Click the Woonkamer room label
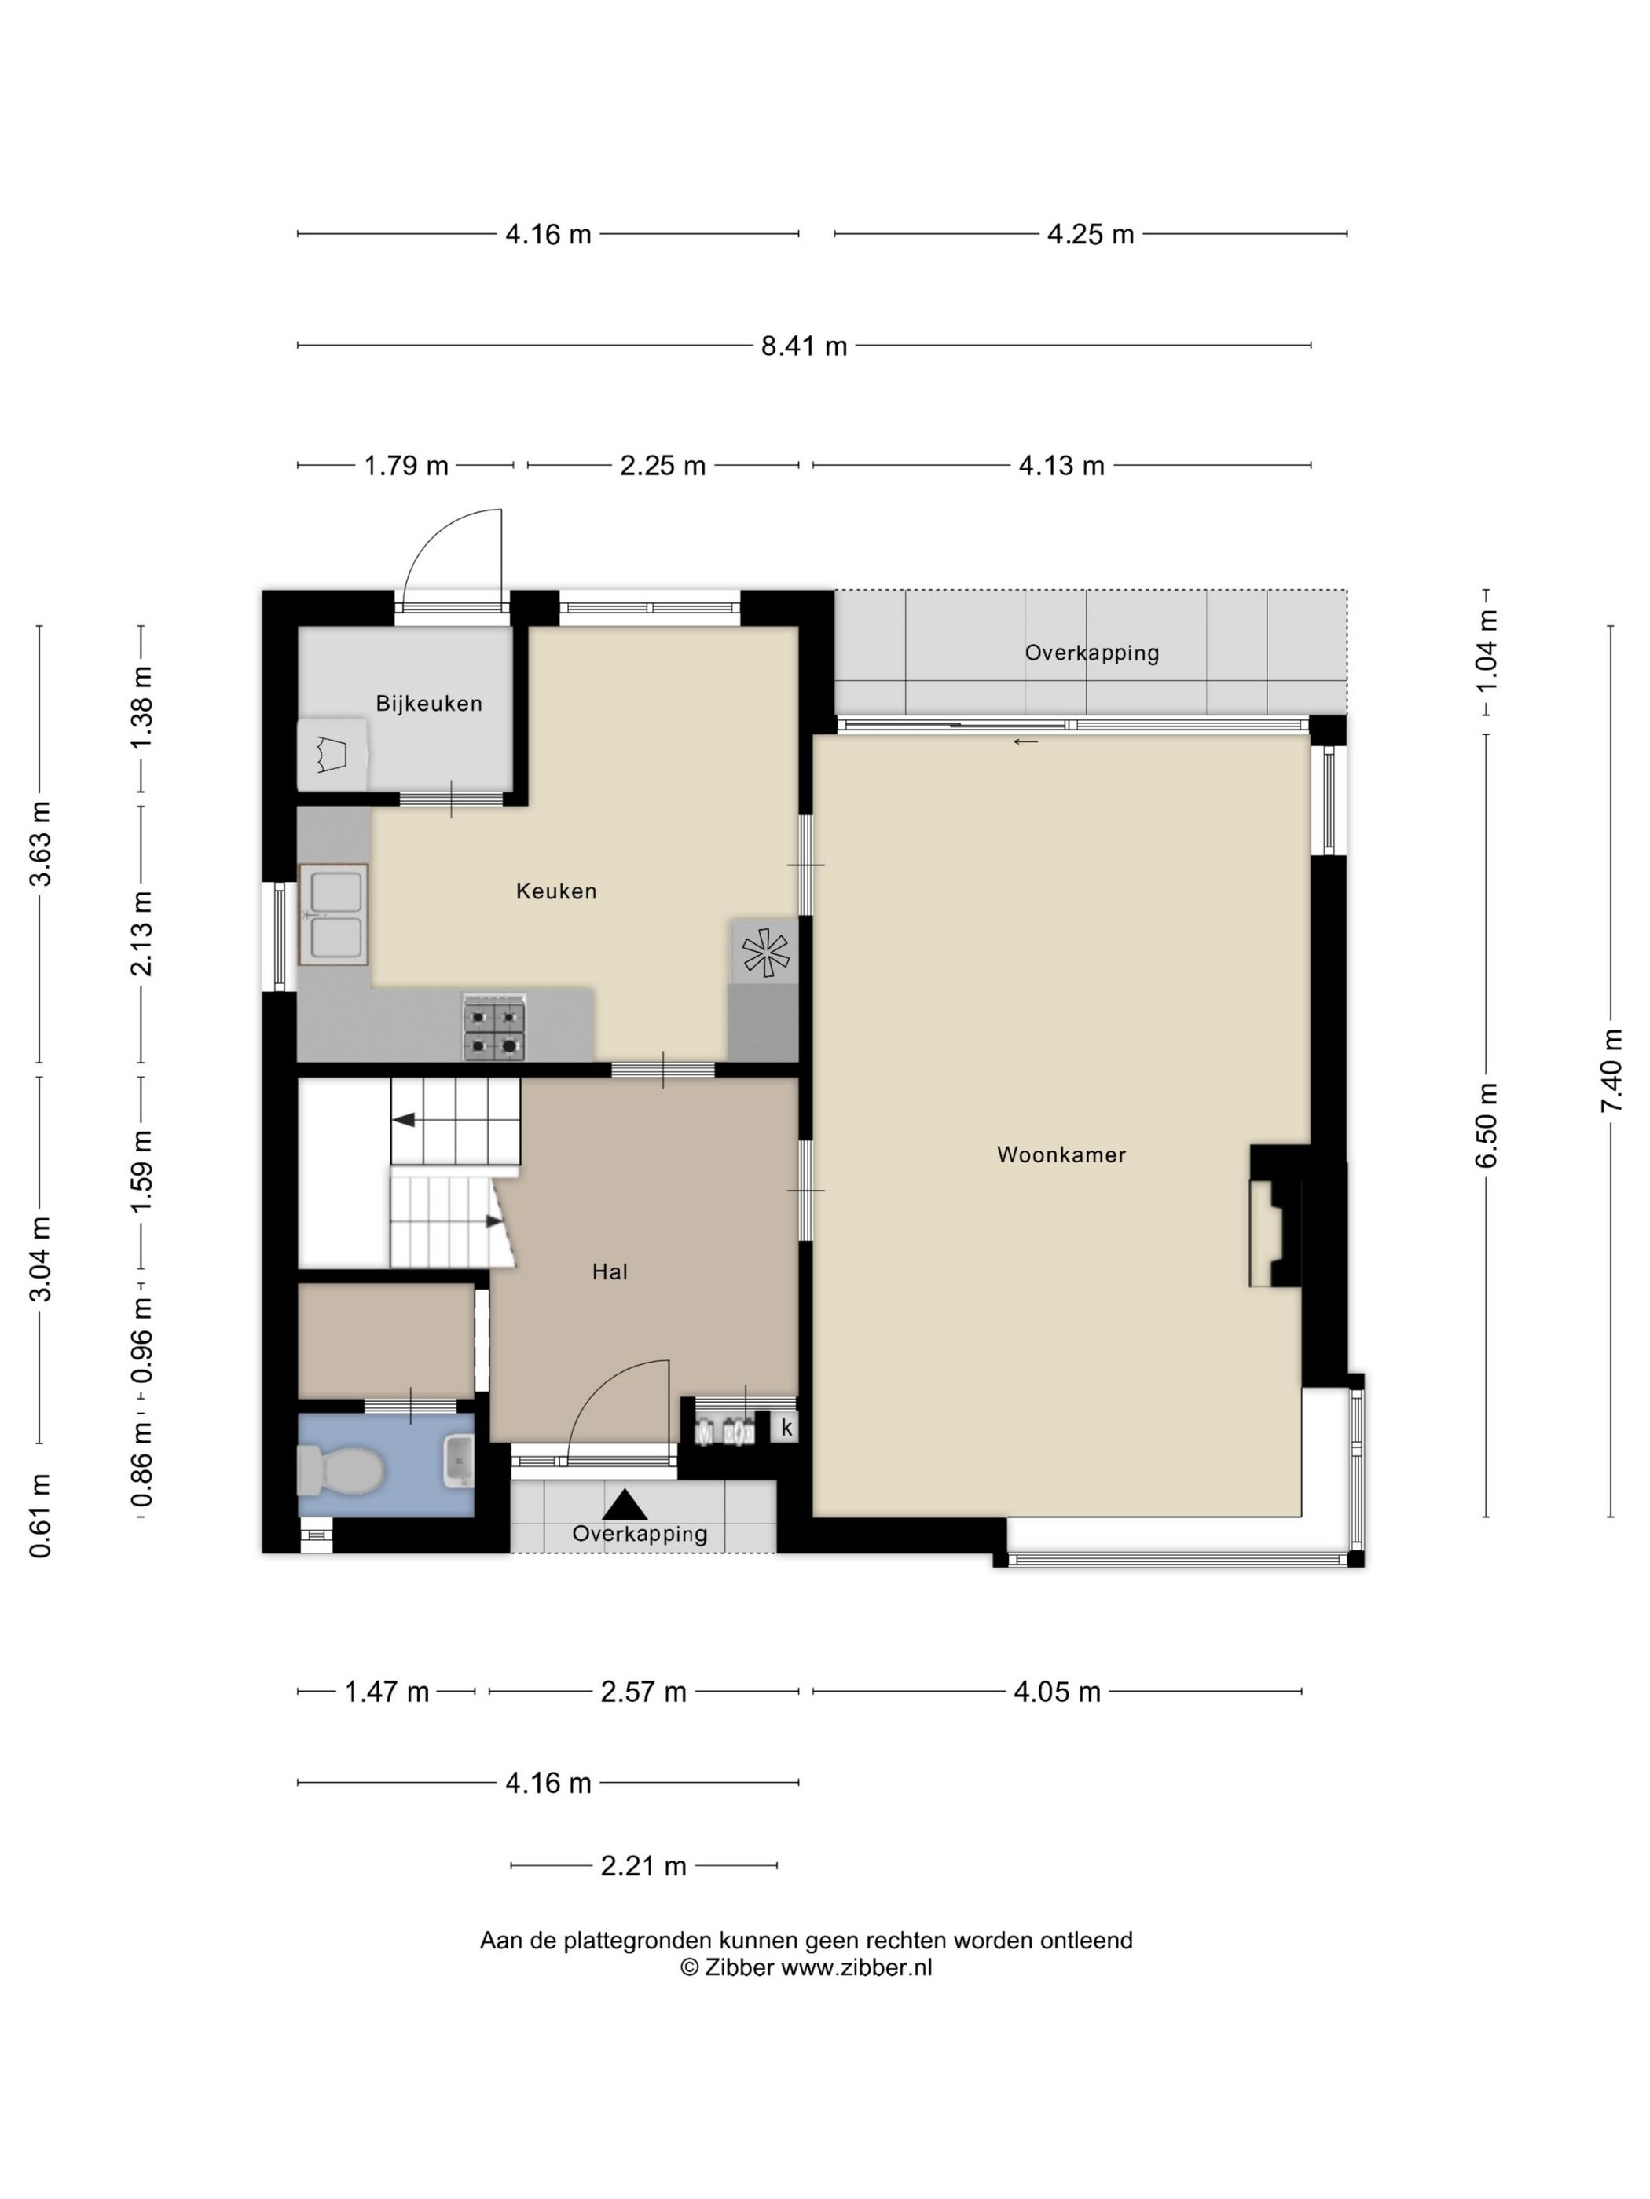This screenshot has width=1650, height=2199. pyautogui.click(x=1061, y=1154)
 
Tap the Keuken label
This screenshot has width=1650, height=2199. pyautogui.click(x=556, y=891)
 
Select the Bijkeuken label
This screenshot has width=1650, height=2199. pyautogui.click(x=429, y=703)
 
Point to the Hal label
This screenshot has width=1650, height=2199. pyautogui.click(x=610, y=1271)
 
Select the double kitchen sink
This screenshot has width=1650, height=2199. pyautogui.click(x=334, y=913)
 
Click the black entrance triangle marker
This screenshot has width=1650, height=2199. pyautogui.click(x=625, y=1504)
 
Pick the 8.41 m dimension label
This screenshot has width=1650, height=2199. pyautogui.click(x=804, y=346)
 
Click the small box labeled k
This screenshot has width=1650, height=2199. pyautogui.click(x=786, y=1428)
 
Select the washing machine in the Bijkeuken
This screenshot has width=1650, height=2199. pyautogui.click(x=332, y=755)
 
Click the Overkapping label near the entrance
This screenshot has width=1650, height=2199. pyautogui.click(x=640, y=1534)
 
